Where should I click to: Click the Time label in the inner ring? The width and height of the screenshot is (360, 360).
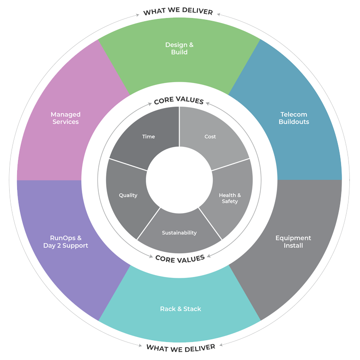coord(149,137)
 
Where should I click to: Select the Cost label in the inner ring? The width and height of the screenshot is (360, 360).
coord(210,137)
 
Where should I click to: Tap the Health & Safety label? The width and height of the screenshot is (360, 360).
coord(230,198)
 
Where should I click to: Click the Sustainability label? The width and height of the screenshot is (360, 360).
coord(179,233)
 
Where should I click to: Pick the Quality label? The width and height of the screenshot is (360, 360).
coord(128,195)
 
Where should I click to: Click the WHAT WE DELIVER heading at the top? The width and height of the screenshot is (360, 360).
coord(178,11)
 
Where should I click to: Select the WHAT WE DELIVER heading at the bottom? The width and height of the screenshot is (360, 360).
coord(181,348)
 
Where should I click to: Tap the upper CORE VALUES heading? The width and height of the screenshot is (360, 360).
coord(179,100)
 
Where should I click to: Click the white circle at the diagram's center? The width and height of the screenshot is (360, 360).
coord(179,180)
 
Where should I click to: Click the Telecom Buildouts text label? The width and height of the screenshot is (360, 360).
coord(294,118)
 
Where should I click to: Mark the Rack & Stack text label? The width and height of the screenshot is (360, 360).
coord(180,309)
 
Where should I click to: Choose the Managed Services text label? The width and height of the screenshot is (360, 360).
coord(66,118)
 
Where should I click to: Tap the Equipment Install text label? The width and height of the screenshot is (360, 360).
coord(293,242)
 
